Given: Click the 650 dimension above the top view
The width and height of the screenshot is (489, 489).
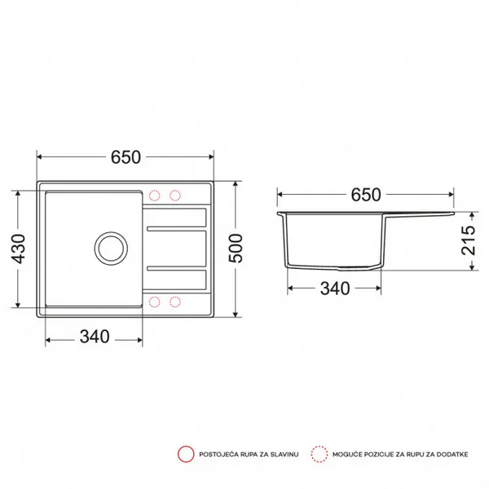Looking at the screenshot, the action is click(x=126, y=157).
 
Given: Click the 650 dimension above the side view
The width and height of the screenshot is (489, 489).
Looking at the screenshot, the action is click(x=366, y=195).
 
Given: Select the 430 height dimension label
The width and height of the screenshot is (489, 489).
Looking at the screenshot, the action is click(x=18, y=249).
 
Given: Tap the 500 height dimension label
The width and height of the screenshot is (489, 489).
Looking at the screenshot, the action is click(x=236, y=249).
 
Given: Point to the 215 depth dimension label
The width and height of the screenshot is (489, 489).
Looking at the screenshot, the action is click(x=469, y=240).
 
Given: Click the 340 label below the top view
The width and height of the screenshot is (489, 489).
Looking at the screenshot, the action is click(x=95, y=337).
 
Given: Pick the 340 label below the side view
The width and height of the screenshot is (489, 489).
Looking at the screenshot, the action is click(x=335, y=289).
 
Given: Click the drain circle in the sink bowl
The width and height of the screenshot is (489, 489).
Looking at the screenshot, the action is click(x=111, y=249).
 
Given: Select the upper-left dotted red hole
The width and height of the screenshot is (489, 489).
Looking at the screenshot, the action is click(x=154, y=196).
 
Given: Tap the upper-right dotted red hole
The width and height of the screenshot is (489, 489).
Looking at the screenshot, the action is click(x=175, y=196).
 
